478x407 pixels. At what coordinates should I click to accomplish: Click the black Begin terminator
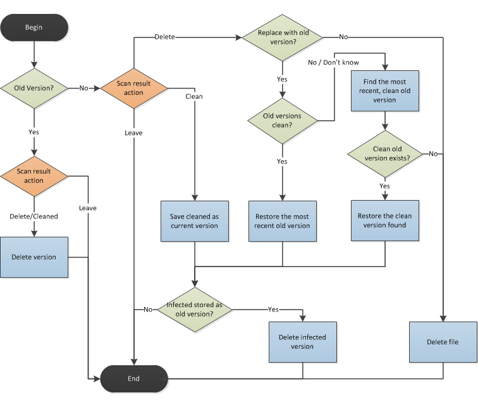[34, 27]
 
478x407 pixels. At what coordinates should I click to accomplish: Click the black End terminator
[133, 379]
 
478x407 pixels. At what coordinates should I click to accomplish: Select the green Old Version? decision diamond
[34, 88]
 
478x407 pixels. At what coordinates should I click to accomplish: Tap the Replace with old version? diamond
[282, 37]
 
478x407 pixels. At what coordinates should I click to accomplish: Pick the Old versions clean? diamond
[282, 120]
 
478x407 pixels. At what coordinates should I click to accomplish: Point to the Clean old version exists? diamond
[384, 154]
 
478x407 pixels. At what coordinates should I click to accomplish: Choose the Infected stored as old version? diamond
[194, 309]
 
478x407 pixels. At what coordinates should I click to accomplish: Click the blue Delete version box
[34, 257]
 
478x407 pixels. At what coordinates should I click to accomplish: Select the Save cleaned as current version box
[194, 221]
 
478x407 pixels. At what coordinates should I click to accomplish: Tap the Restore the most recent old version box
[282, 221]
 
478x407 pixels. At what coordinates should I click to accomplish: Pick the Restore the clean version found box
[384, 220]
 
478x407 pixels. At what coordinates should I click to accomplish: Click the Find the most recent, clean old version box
[384, 91]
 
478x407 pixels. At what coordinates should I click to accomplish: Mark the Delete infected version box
[302, 342]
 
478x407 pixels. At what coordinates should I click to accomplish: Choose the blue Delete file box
[443, 342]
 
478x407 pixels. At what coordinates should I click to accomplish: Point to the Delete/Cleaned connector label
[34, 216]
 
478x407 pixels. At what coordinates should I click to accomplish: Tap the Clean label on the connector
[194, 97]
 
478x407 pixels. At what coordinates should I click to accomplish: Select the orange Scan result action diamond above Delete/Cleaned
[34, 176]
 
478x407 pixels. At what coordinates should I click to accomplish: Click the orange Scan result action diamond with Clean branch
[133, 88]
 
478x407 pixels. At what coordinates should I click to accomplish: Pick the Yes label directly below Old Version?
[34, 132]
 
